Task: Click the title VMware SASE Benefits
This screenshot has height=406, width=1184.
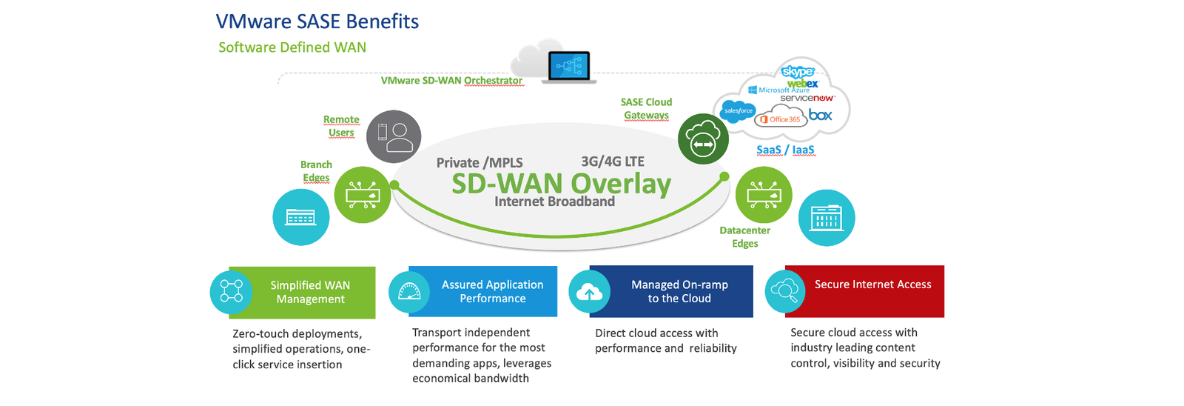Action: coord(317,21)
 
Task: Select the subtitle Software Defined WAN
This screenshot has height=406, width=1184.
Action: coord(292,47)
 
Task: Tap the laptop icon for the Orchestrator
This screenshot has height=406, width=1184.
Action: coord(569,67)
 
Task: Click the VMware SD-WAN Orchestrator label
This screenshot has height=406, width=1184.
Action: coord(451,80)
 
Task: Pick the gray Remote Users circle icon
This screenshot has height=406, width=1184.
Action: coord(394,136)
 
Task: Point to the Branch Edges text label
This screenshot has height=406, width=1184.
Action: coord(316,171)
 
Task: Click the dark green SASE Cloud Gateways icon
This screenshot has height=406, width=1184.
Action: coord(703,139)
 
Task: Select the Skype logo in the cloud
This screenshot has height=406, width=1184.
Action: coord(798,72)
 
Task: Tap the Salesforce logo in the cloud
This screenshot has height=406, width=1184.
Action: coord(738,111)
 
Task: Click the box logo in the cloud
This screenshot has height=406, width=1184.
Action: coord(820,115)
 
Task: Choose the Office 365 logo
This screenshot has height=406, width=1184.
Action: coord(781,119)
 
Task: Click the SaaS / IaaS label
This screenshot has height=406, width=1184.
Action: coord(785,150)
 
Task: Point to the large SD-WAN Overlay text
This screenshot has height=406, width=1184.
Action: coord(561,183)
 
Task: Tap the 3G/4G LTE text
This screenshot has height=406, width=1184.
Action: coord(613,162)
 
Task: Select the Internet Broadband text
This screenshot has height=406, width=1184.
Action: coord(554,202)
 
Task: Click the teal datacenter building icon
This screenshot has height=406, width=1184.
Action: coord(827,218)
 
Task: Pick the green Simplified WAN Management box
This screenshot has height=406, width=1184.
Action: coord(310,292)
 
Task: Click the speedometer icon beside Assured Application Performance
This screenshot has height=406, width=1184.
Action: coord(409,292)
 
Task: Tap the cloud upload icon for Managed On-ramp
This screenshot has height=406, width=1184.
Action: coord(589,292)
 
